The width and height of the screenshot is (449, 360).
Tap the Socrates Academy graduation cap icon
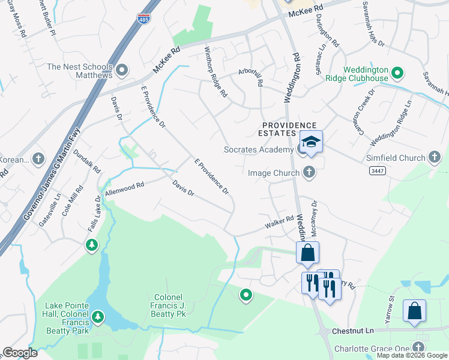point(311,142)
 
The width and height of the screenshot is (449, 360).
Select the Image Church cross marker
point(309,173)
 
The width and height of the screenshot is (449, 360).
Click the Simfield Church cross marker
point(435,158)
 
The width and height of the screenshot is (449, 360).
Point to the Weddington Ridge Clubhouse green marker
point(397,74)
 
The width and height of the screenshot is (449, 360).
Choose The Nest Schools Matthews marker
point(122,71)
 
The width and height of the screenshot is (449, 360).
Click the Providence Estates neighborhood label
point(279,128)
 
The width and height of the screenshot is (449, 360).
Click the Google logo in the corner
point(20,353)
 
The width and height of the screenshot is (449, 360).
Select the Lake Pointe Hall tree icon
point(98,316)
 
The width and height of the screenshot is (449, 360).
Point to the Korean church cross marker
point(38,160)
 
